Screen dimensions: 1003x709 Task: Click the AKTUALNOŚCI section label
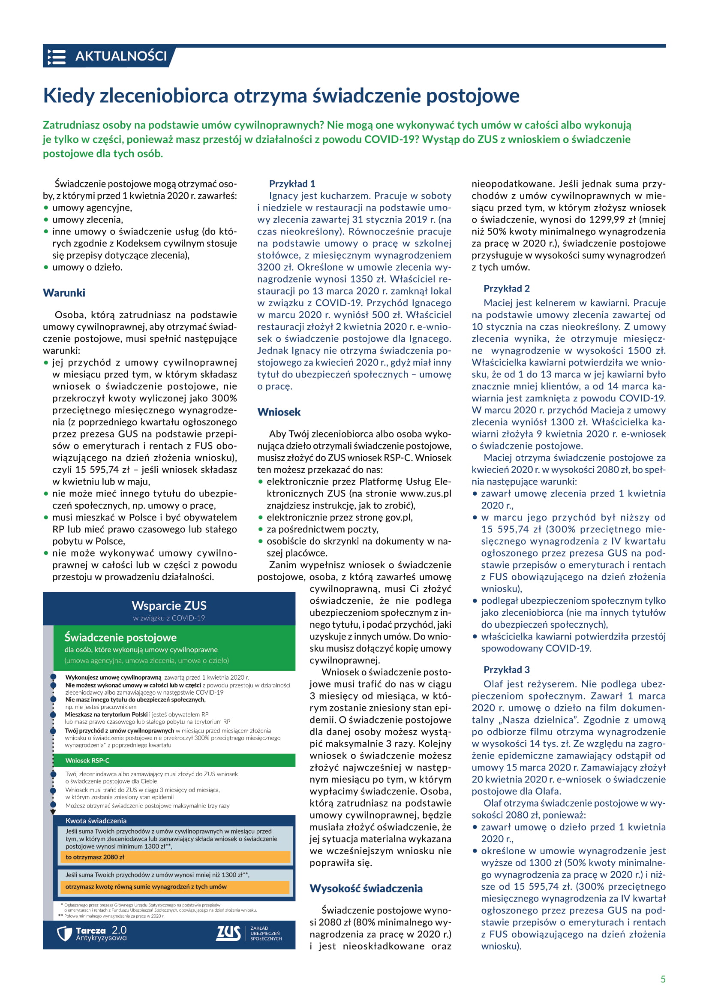[120, 56]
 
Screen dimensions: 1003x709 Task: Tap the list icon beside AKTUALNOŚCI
[56, 57]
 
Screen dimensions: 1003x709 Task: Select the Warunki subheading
[64, 293]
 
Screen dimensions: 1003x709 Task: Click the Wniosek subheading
[279, 412]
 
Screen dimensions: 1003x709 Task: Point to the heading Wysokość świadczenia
[366, 888]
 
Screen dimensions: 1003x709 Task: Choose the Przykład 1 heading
[291, 184]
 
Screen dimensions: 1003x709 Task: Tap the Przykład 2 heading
[506, 288]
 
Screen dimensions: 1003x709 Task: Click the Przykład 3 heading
[506, 670]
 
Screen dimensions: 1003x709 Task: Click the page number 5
[663, 979]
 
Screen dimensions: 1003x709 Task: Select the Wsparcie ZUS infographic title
[169, 605]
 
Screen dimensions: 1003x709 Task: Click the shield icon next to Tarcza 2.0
[64, 934]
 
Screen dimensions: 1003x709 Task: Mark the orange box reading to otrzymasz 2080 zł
[174, 857]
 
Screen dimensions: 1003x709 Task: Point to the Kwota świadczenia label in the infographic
[96, 821]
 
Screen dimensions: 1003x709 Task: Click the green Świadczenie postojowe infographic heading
[120, 637]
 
